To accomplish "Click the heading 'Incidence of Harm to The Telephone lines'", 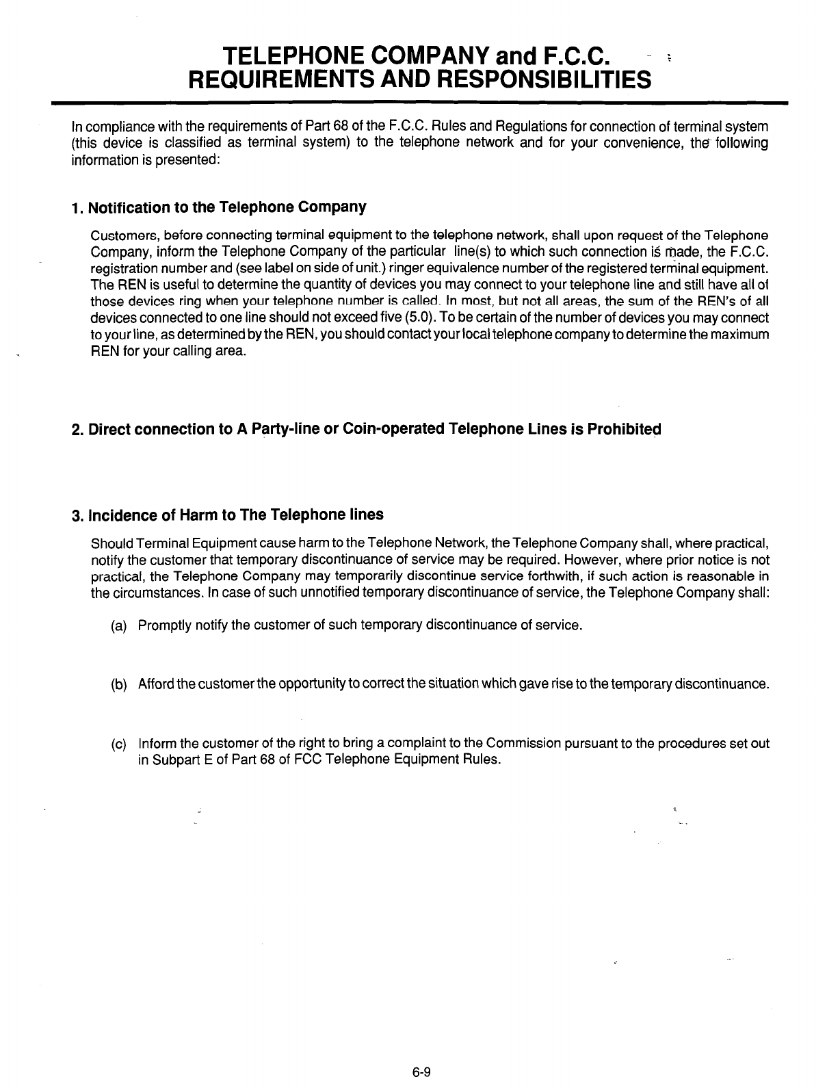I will click(227, 515).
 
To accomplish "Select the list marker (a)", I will click(118, 625).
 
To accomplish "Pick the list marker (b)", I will click(118, 685).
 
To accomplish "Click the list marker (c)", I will click(118, 744).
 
